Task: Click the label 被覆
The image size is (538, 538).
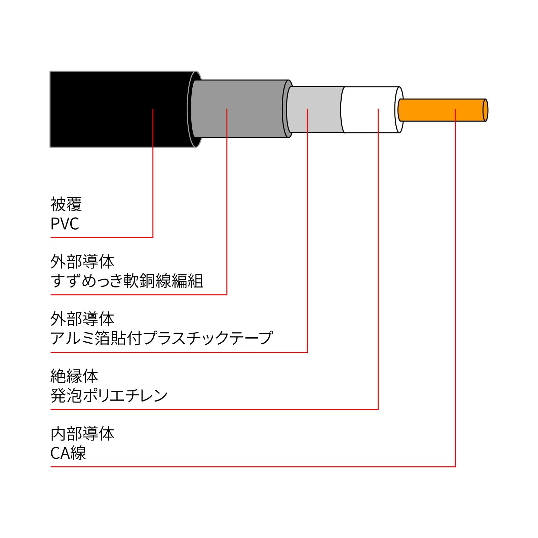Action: coord(66,204)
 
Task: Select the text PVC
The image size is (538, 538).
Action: coord(65,224)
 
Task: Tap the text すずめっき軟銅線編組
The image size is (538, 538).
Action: coord(127,281)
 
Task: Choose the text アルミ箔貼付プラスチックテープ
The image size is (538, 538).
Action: coord(161,338)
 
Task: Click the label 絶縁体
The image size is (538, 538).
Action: coord(74,376)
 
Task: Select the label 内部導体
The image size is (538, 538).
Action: coord(82,434)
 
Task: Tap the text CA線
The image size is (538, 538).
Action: coord(68,453)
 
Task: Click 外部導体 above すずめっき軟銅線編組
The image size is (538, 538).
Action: coord(82,262)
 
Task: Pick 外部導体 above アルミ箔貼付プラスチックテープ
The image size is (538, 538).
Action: coord(82,319)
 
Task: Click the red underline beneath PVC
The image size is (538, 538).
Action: coord(101,237)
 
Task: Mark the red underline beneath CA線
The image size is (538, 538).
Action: coord(252,467)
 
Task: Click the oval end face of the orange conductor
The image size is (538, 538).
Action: coord(485,110)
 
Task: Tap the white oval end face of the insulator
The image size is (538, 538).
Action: coord(399,110)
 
